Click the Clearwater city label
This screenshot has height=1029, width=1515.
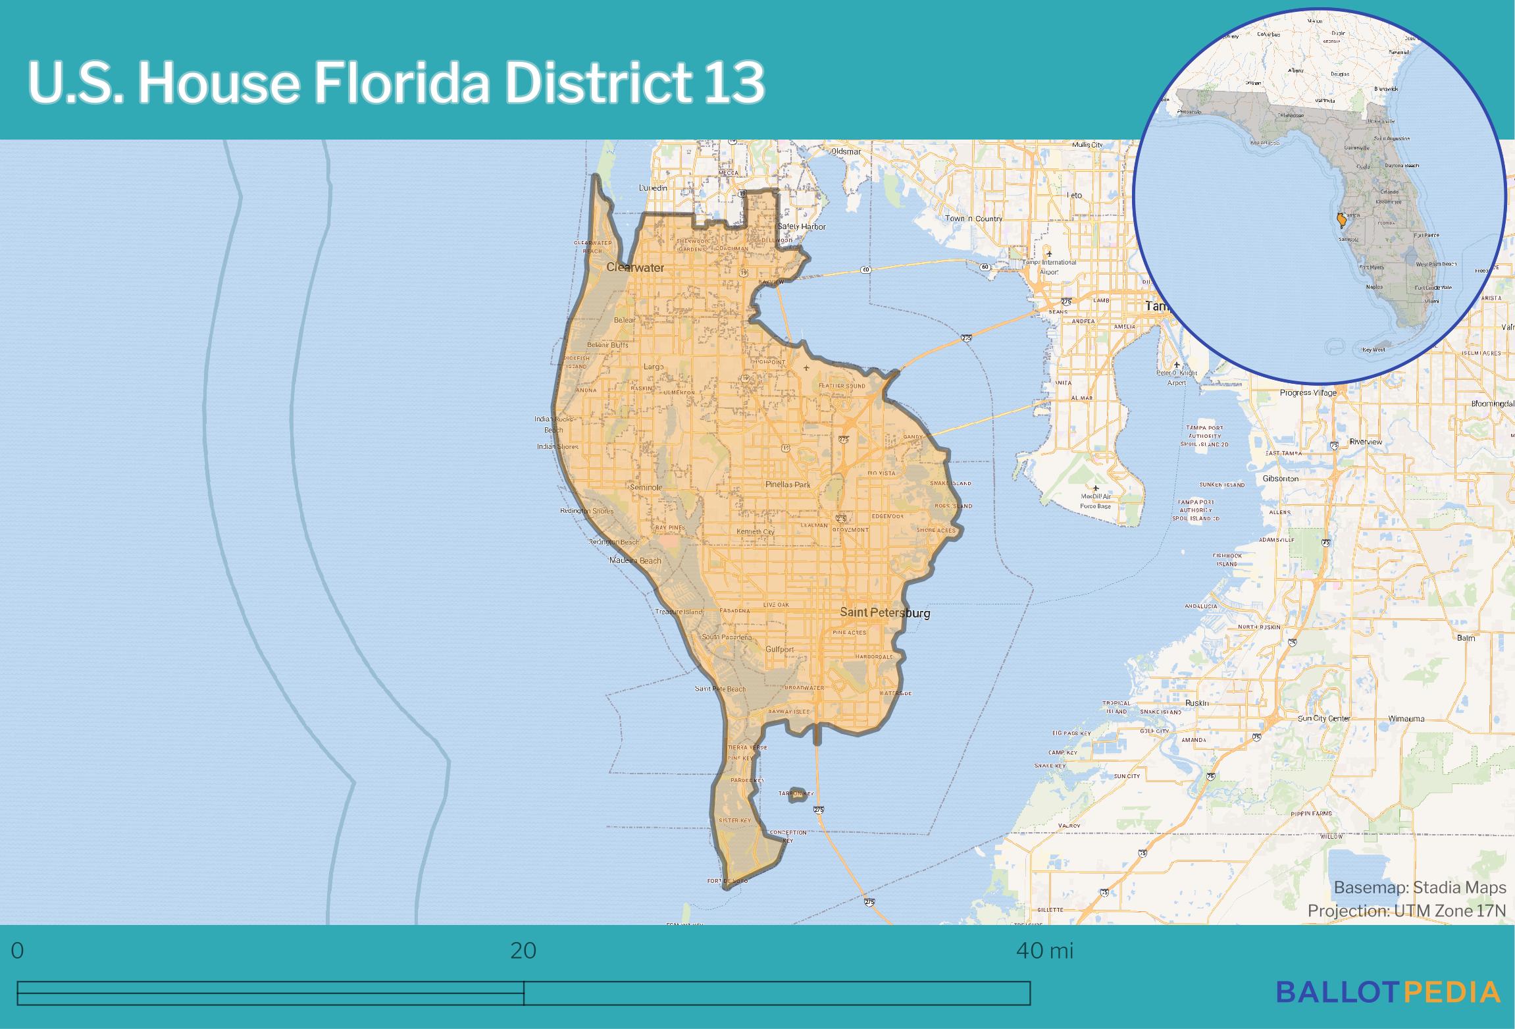[635, 267]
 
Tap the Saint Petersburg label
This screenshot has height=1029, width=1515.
[885, 613]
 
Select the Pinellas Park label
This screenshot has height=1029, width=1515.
[788, 485]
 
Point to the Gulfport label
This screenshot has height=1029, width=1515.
[779, 649]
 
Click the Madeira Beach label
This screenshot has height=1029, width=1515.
[635, 560]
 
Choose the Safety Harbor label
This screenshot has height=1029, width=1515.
[801, 226]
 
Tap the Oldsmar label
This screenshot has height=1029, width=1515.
[846, 151]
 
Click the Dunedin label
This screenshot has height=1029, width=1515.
[653, 188]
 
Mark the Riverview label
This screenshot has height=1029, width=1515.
[1365, 442]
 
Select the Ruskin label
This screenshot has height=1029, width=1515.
[1196, 703]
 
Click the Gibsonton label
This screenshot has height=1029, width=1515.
[1280, 479]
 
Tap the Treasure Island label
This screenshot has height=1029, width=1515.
[679, 612]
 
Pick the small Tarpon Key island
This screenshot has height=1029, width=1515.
[797, 793]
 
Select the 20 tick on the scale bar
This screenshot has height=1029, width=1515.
[523, 951]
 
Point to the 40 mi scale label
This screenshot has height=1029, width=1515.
[1044, 951]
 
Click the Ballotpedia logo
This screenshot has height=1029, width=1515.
[1388, 991]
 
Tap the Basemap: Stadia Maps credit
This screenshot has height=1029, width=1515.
[1420, 887]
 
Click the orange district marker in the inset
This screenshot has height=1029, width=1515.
[1341, 219]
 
